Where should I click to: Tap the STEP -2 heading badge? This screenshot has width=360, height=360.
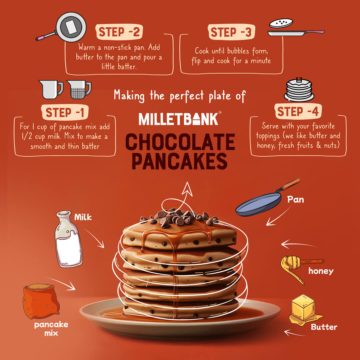pyautogui.click(x=119, y=32)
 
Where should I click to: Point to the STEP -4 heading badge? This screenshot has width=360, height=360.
pyautogui.click(x=298, y=111)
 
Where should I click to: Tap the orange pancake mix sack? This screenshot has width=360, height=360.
pyautogui.click(x=40, y=301)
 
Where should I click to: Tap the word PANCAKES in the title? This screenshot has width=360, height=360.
pyautogui.click(x=180, y=161)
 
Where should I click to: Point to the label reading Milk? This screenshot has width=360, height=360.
pyautogui.click(x=83, y=218)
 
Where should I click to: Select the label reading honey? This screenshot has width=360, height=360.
pyautogui.click(x=321, y=271)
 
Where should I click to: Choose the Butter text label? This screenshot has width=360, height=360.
pyautogui.click(x=324, y=327)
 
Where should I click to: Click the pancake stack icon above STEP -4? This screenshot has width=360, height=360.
pyautogui.click(x=299, y=90)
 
